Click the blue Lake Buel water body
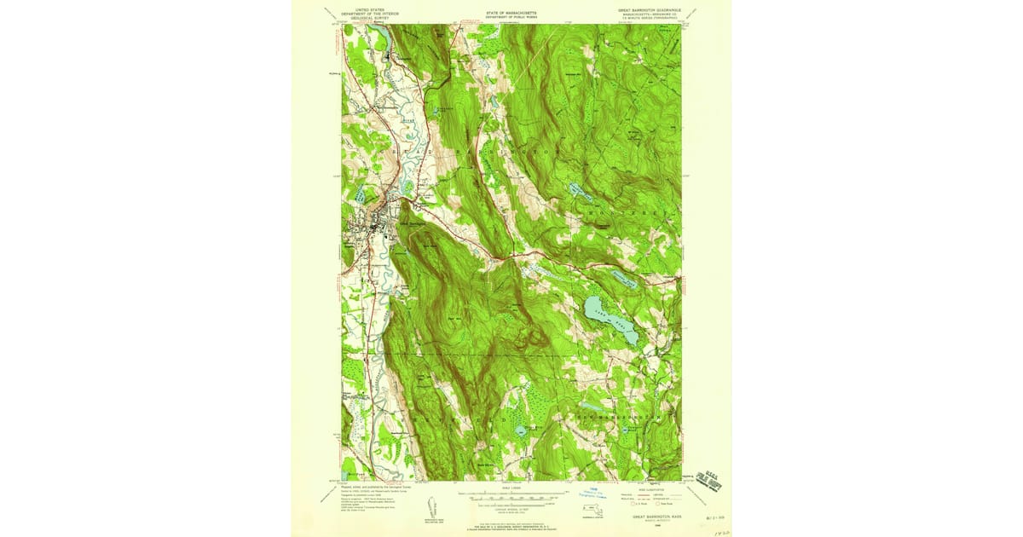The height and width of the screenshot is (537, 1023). [610, 320]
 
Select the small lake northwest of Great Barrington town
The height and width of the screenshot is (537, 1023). [443, 111]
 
